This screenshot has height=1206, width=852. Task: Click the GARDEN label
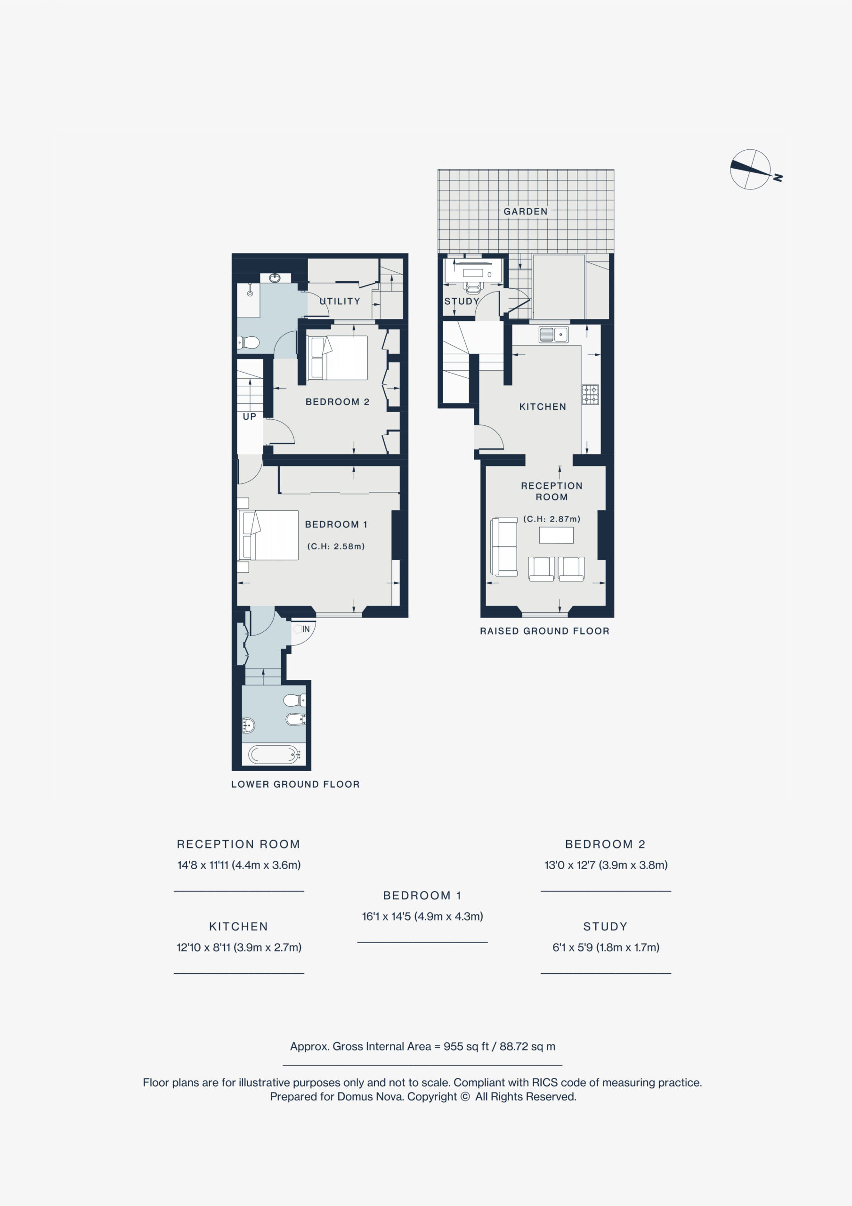click(525, 212)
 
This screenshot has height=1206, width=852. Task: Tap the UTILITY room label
click(340, 301)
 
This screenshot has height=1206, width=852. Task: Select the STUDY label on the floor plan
click(462, 301)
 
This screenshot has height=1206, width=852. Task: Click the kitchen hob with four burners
click(590, 394)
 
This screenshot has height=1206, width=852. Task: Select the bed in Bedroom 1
click(268, 535)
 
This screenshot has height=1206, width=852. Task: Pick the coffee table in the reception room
click(556, 535)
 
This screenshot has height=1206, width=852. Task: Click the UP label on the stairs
click(250, 416)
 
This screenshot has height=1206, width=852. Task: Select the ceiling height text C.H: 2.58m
click(336, 546)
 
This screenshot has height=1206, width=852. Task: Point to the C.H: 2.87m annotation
click(552, 519)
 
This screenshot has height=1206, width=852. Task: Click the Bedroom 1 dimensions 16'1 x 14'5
click(422, 916)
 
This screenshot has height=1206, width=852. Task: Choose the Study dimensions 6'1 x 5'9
click(606, 947)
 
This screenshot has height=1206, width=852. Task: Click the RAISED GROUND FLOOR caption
click(545, 631)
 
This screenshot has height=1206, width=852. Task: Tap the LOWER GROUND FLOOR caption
click(295, 784)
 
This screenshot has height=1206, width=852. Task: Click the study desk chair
click(473, 286)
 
